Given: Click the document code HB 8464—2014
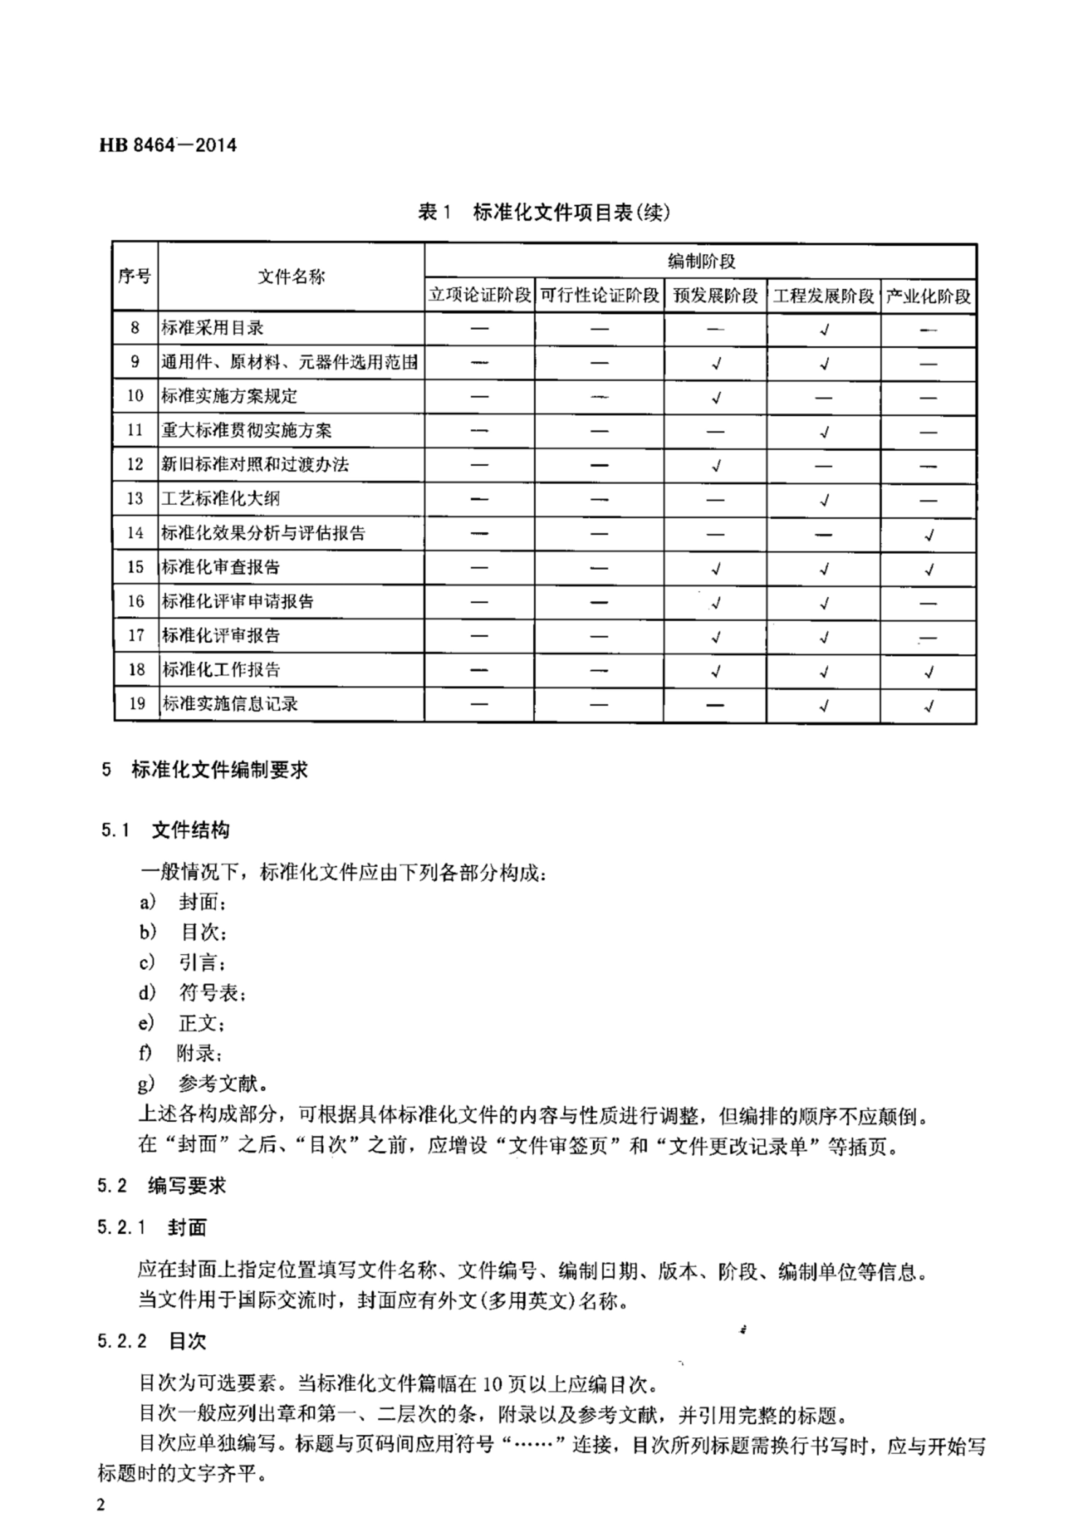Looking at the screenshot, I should tap(167, 145).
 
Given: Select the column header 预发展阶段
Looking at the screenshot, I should tap(715, 295).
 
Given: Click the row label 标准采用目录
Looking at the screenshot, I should tap(212, 328).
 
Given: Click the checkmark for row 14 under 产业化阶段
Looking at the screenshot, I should tap(928, 534).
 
